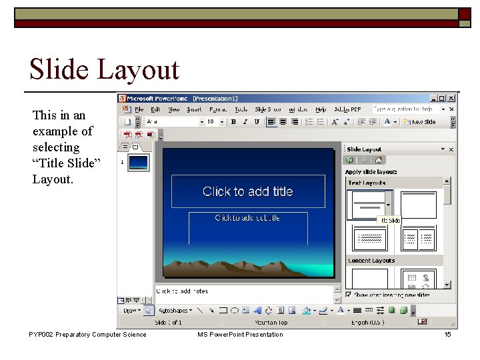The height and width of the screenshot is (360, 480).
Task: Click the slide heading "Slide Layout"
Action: coord(104,69)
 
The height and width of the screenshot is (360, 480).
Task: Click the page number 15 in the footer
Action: coord(448,335)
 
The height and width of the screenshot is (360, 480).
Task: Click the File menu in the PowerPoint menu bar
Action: coord(139,109)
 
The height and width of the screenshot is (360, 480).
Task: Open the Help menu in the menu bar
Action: coord(321,109)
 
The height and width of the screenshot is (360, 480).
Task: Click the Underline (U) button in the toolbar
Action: coord(256,122)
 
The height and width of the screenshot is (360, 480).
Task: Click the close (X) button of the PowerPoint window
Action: coord(451,98)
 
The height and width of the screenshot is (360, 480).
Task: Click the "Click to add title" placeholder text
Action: coord(247,191)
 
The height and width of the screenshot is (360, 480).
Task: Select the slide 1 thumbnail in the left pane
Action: coord(139,163)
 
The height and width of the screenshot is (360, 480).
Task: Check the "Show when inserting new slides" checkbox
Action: coord(349,295)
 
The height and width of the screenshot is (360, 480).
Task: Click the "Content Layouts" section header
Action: coord(371,261)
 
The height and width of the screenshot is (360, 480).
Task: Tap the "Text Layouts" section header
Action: coord(366,183)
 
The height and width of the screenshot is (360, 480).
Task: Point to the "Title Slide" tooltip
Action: coord(389,220)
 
